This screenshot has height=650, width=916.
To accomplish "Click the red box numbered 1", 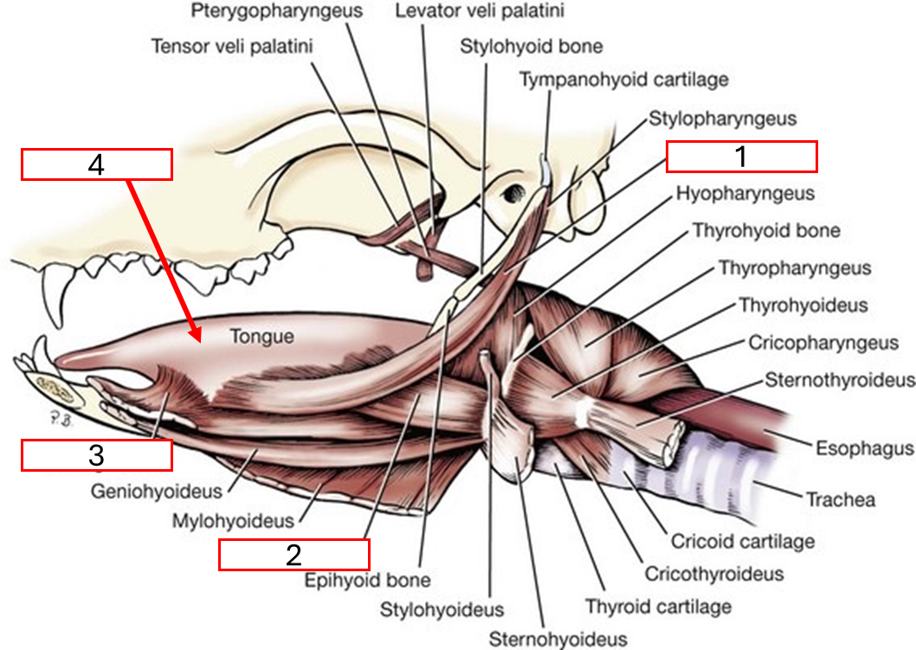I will coord(741,157).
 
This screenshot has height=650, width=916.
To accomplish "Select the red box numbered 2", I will coord(294,555).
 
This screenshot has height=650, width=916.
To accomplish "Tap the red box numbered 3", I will coord(96,455).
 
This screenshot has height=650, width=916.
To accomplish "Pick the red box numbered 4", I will coord(96,164).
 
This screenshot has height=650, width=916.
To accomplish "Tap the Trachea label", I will coord(840,499).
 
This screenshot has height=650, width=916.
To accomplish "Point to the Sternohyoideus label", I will coord(558,640).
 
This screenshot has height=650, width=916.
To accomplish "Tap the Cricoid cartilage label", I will coord(742,542).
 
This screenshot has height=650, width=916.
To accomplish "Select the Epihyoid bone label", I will coord(367,580).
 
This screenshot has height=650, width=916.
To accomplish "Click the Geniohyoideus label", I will coord(156,491).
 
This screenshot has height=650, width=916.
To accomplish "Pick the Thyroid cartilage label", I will coord(658,606).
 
